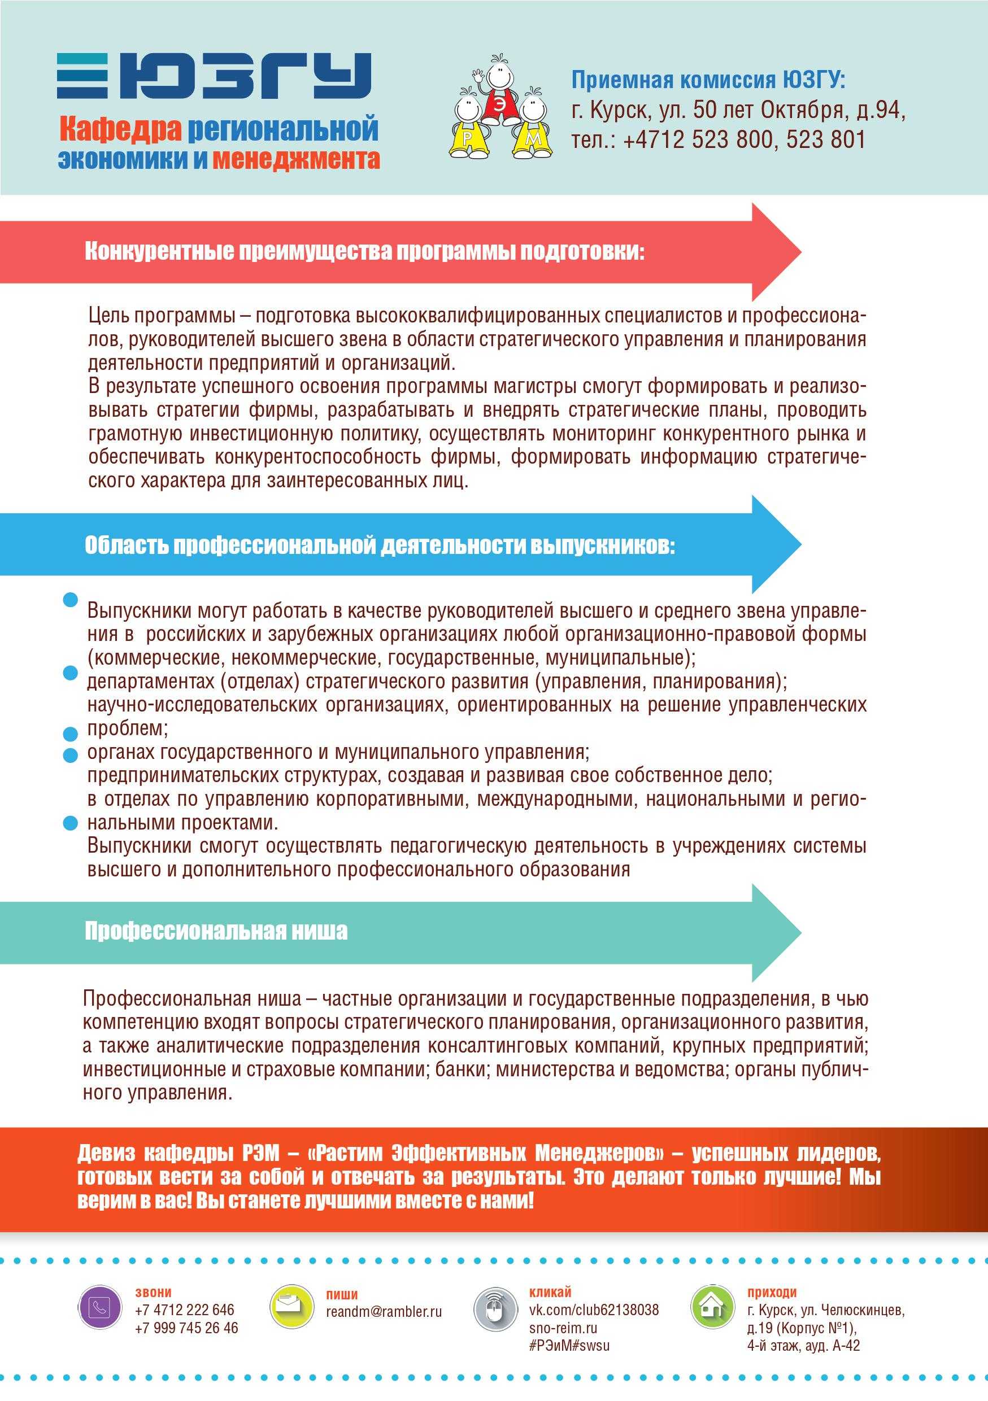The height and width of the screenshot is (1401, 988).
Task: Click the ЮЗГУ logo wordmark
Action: (214, 76)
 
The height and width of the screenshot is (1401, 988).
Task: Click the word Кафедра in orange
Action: (120, 129)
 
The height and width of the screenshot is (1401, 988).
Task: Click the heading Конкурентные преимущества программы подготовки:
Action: (364, 251)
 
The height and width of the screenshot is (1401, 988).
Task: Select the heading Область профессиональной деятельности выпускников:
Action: (380, 545)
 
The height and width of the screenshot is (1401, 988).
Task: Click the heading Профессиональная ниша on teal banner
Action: (216, 931)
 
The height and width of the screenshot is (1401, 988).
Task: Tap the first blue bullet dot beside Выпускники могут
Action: (71, 600)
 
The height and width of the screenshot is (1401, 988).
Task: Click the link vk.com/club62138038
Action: (594, 1310)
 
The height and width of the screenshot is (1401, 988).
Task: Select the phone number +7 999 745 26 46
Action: (187, 1328)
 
